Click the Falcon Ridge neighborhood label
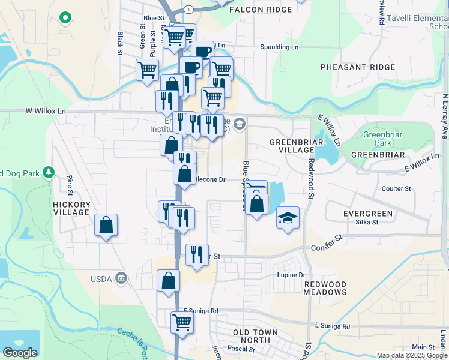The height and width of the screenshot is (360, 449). (x=261, y=10)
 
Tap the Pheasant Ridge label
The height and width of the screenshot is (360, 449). (x=357, y=67)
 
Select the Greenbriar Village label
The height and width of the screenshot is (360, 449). (x=296, y=146)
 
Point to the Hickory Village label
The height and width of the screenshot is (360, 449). (x=71, y=209)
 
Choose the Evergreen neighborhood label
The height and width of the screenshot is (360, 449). (x=367, y=214)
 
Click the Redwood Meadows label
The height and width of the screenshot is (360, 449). (x=325, y=288)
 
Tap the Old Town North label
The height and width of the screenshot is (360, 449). (x=255, y=337)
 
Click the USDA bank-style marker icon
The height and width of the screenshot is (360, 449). (x=121, y=278)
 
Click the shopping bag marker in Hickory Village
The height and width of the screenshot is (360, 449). (x=106, y=226)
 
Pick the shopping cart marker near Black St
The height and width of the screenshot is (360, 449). (x=147, y=70)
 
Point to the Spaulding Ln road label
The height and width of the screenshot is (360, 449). (x=279, y=47)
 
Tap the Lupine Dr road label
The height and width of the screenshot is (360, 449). (x=291, y=275)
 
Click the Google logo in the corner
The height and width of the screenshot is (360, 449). (x=20, y=353)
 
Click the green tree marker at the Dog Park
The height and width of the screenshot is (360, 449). (x=49, y=173)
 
